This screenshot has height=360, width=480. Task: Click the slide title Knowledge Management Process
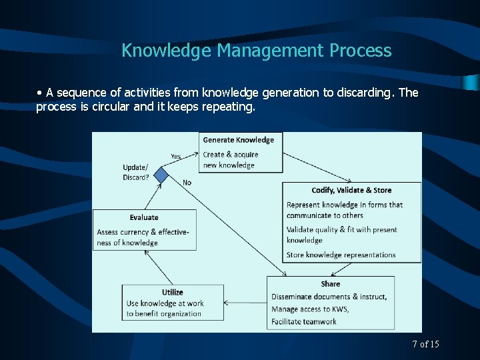[x=256, y=51]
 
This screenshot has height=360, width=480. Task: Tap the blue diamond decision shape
[x=161, y=175]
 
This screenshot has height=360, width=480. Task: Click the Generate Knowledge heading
[x=238, y=140]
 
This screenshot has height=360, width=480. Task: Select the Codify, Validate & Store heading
[x=351, y=191]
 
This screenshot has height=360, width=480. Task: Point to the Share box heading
[x=330, y=284]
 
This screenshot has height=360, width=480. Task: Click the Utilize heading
[x=172, y=292]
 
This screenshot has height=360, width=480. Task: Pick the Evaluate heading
[x=144, y=217]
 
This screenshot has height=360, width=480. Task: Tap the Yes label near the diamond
[x=175, y=157]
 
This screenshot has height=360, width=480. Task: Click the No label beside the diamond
[x=187, y=182]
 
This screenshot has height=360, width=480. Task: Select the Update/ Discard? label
[x=136, y=172]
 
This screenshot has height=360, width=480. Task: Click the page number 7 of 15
[x=425, y=344]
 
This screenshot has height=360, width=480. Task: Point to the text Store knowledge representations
[x=341, y=255]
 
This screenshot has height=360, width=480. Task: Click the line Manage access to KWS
[x=310, y=309]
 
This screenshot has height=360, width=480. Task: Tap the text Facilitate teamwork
[x=303, y=321]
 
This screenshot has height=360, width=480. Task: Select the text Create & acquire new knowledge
[x=230, y=160]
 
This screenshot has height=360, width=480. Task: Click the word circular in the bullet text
[x=117, y=107]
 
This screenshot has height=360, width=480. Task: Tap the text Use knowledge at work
[x=165, y=303]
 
